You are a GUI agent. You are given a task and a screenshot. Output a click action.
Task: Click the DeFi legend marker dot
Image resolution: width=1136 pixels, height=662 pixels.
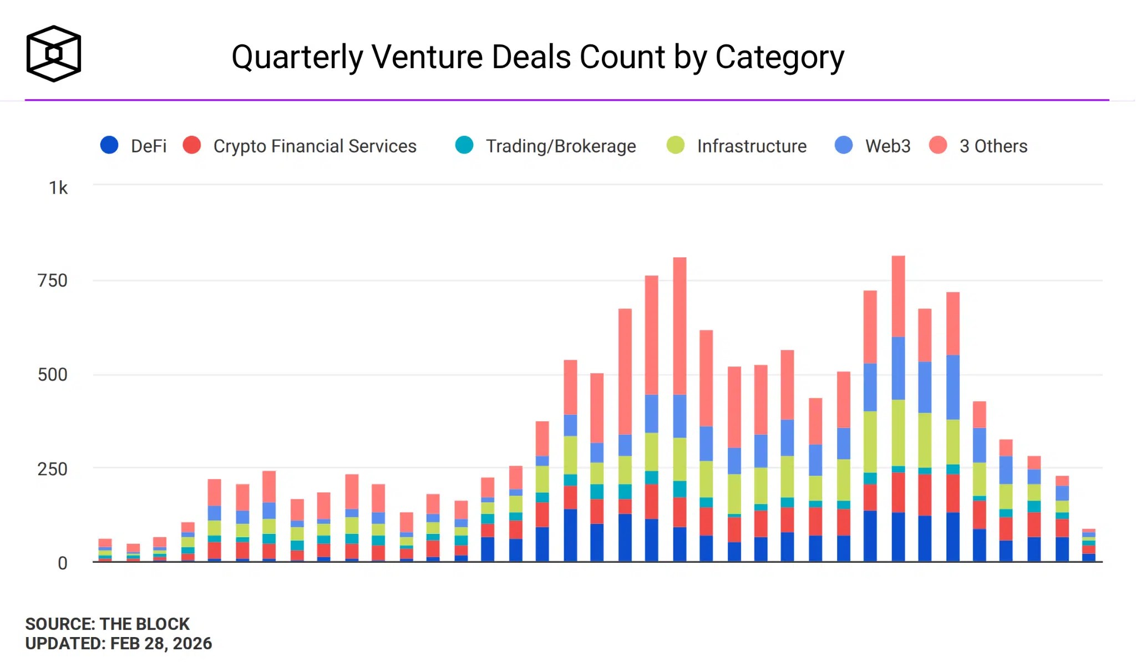coord(109,145)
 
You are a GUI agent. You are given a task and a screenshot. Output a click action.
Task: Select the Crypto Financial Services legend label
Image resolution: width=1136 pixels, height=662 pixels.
coord(315,146)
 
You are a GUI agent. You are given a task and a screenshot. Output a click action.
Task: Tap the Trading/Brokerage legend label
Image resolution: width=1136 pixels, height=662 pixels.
coord(561,146)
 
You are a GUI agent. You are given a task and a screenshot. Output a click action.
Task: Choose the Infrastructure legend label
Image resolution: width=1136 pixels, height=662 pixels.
coord(752,146)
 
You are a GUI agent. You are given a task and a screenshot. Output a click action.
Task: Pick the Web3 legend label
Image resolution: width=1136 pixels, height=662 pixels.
coord(887,146)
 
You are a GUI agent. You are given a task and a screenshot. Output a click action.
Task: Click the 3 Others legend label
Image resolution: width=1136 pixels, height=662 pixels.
coord(993,146)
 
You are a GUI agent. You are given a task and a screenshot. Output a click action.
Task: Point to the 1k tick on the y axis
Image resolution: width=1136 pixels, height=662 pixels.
coord(58,188)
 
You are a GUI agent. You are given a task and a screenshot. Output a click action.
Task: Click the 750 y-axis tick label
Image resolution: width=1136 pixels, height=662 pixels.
coord(53,281)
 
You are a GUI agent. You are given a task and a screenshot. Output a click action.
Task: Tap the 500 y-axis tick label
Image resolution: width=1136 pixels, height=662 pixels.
coord(53,375)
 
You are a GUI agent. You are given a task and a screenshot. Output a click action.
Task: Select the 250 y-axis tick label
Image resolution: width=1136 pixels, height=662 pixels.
coord(53,469)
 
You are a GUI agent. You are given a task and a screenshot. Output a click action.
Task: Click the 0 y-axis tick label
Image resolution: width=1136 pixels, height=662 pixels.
coord(63,563)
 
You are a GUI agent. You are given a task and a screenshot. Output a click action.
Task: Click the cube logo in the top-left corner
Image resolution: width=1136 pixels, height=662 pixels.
coord(54,54)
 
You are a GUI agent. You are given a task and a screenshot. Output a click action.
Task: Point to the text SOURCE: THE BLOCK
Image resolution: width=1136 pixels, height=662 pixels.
coord(107,624)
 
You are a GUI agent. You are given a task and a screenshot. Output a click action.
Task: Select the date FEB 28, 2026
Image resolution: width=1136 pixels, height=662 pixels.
coord(161,644)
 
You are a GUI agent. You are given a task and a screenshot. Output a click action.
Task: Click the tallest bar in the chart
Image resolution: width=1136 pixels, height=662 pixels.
coord(898,409)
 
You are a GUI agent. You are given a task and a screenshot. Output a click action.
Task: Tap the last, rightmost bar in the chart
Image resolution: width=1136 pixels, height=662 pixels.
coord(1089,545)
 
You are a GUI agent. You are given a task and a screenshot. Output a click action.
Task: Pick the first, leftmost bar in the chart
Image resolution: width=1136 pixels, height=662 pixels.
coord(105,550)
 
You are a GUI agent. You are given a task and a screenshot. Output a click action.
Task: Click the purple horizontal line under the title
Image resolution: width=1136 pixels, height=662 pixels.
coord(567,100)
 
